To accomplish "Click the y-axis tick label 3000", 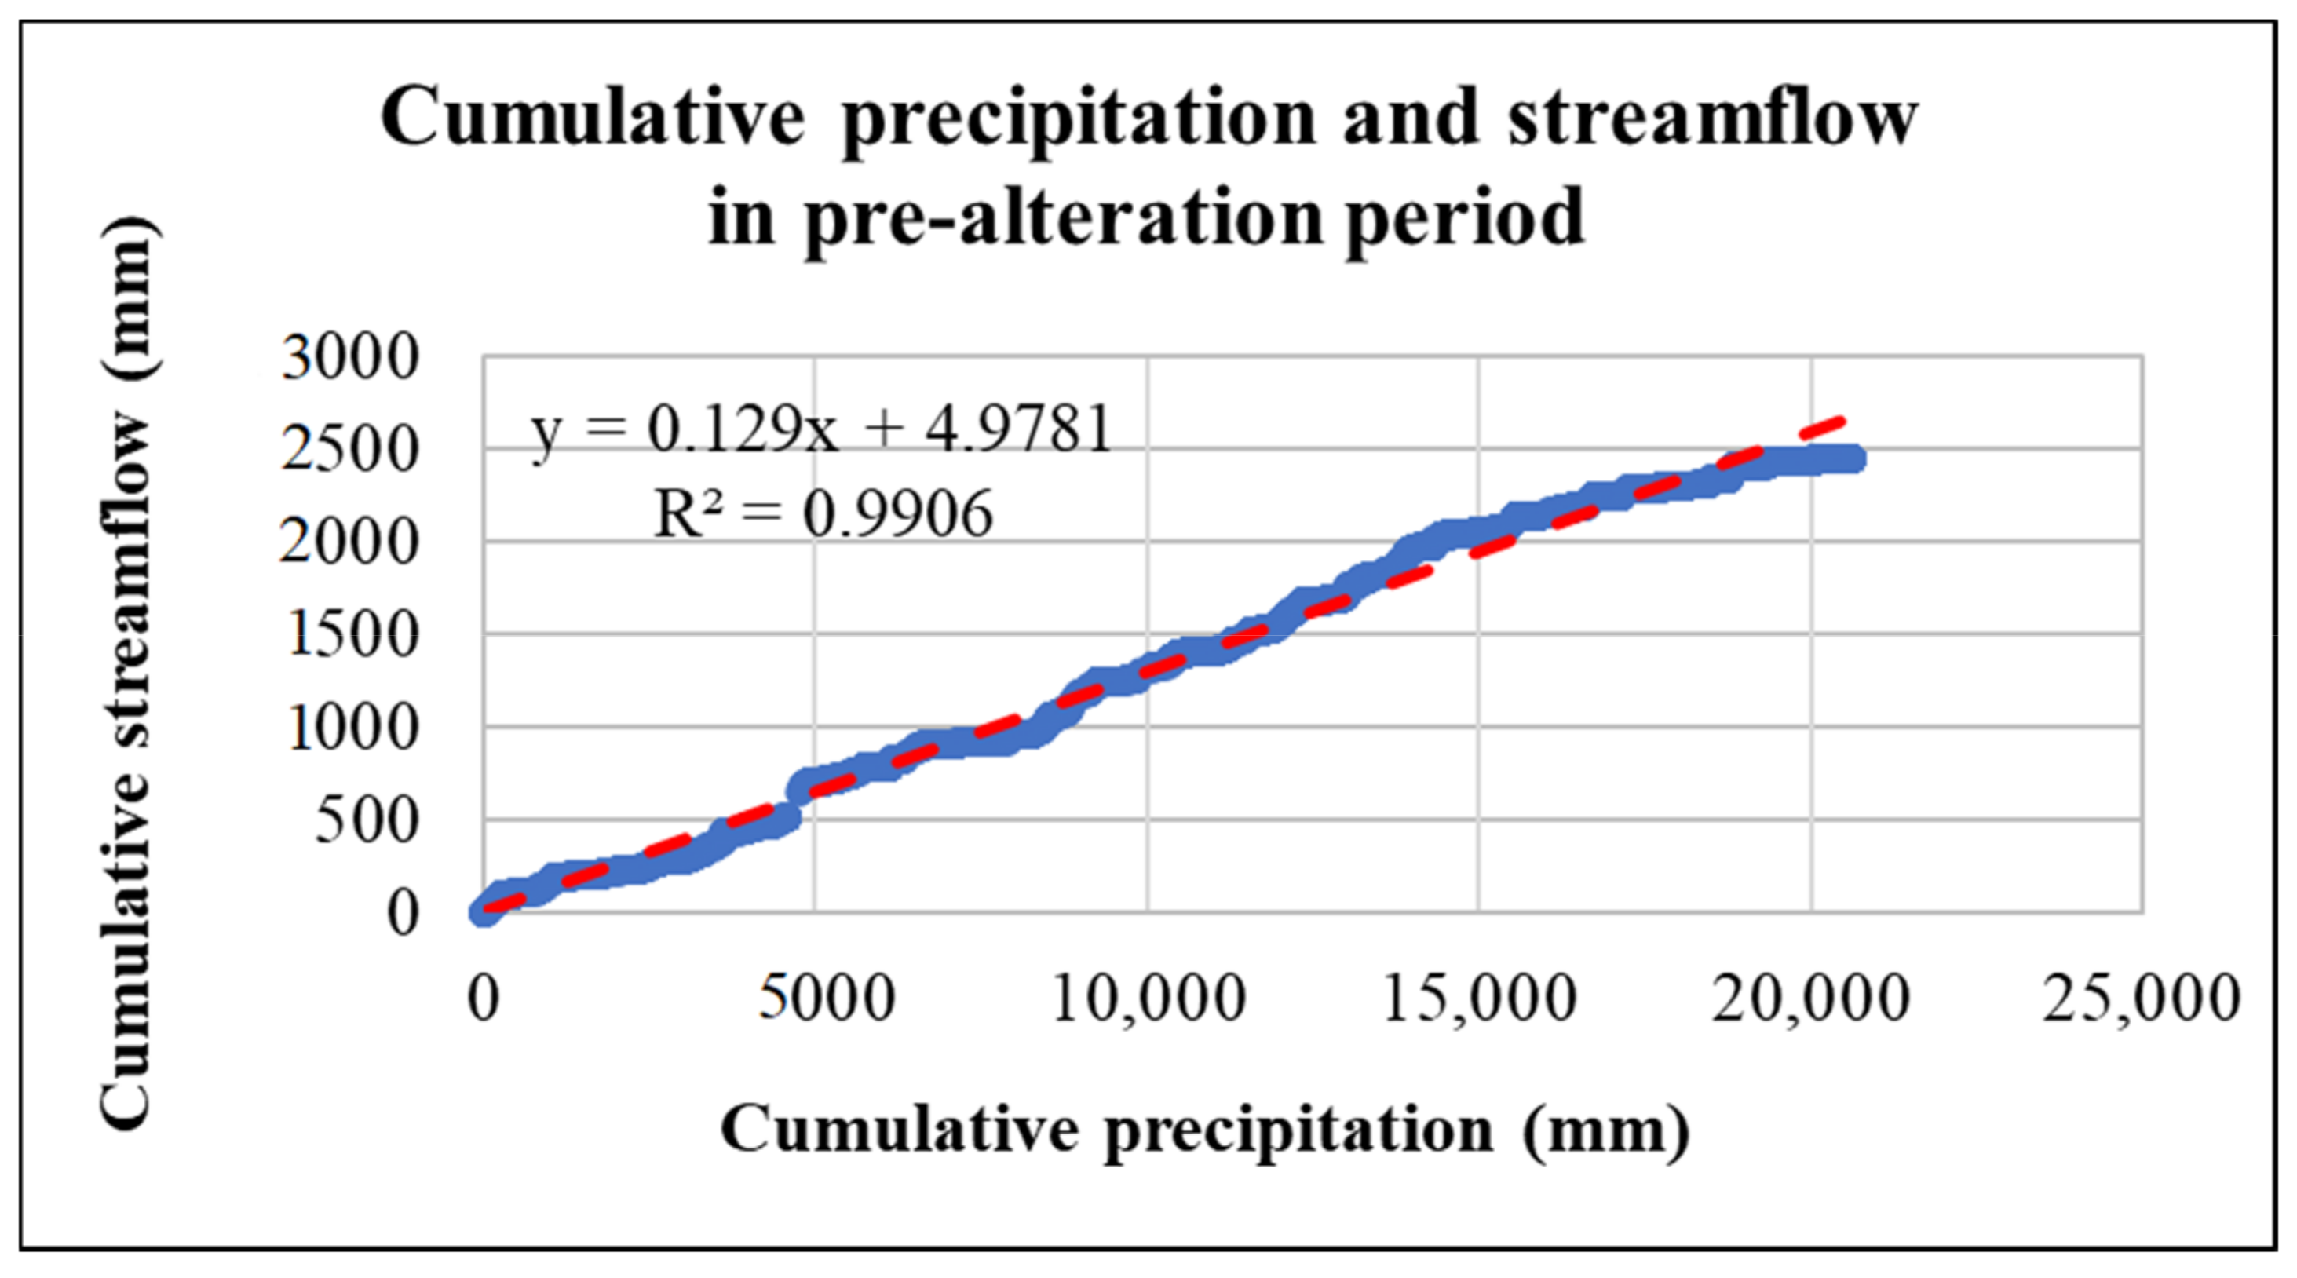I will [349, 358].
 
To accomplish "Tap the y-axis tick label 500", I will [366, 820].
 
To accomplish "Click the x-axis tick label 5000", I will [826, 998].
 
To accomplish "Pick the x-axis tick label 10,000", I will [1148, 998].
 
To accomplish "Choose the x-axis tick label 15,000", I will [1479, 998].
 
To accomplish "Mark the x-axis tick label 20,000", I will [1811, 998].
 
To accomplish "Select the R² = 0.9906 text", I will [822, 515].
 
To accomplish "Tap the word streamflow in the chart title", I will [1712, 118].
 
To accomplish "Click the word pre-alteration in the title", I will [1061, 218].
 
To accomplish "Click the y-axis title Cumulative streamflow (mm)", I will [126, 674].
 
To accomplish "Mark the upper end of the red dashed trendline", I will [1840, 418].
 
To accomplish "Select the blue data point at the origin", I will [484, 911].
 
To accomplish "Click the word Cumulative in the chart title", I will [592, 118].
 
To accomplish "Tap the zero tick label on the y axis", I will [402, 913].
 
